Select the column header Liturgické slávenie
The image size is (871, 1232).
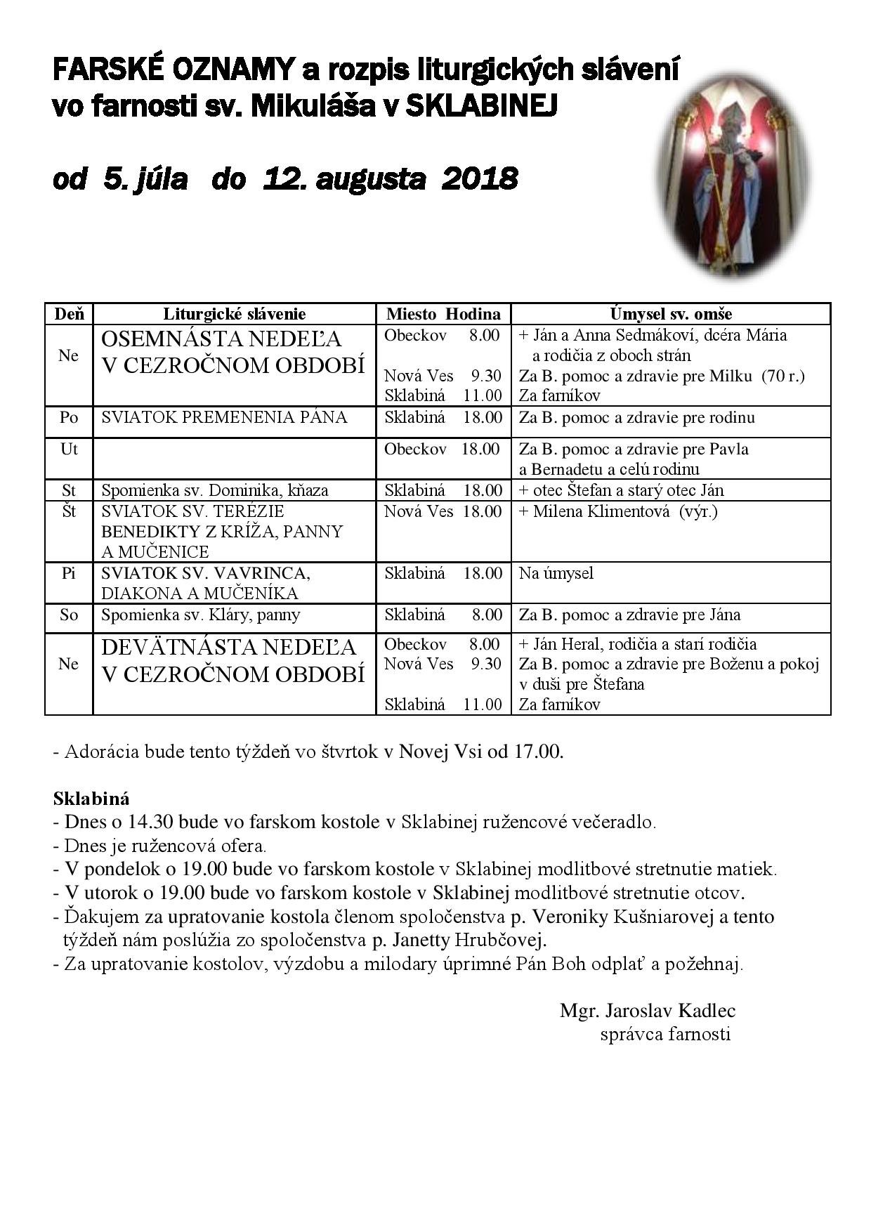[x=234, y=314]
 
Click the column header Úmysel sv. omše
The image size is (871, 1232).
[x=671, y=314]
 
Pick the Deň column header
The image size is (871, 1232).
[x=69, y=314]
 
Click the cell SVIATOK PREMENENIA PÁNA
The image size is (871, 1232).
[x=224, y=417]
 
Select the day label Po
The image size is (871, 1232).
[x=69, y=417]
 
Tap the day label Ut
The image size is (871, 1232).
[x=69, y=449]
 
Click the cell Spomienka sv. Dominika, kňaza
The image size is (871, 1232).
[x=215, y=490]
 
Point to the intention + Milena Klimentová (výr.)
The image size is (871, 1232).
[x=618, y=511]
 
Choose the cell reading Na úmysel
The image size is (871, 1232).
[x=556, y=573]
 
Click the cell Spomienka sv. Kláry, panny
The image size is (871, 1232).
[x=201, y=615]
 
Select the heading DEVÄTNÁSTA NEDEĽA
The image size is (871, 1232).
[x=229, y=647]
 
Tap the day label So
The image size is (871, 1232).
[x=69, y=615]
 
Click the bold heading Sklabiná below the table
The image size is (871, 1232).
[x=91, y=799]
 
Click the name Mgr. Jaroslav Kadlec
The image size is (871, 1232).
[x=647, y=1011]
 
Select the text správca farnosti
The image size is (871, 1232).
[x=665, y=1034]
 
